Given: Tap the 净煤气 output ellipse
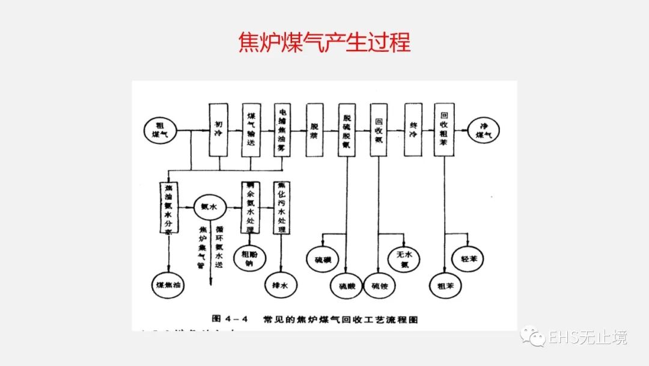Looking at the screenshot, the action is click(484, 129).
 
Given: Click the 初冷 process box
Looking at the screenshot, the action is click(219, 129).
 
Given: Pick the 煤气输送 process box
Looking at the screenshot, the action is click(251, 129).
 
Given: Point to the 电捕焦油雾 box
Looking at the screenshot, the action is click(282, 129).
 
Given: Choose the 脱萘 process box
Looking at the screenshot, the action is click(314, 129).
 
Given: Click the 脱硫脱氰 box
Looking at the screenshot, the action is click(347, 129).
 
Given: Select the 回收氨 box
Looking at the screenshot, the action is click(379, 129).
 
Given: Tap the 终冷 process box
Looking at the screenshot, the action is click(413, 129).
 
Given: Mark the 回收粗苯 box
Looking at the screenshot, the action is click(444, 129).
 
